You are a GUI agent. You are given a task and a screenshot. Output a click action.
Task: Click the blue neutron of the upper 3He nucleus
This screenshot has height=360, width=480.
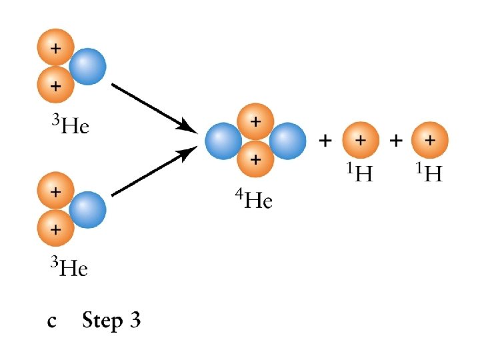[87, 67]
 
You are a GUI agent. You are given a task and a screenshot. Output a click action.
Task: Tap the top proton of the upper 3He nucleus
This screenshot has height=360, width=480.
[55, 49]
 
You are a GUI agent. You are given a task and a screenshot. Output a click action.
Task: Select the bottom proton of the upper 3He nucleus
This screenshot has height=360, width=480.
[55, 85]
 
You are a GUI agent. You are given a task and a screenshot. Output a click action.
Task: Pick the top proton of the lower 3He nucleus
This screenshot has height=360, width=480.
[55, 191]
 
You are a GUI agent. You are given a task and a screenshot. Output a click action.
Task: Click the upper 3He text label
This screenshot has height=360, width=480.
[70, 125]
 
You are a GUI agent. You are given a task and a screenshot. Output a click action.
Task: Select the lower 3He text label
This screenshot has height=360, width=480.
[70, 268]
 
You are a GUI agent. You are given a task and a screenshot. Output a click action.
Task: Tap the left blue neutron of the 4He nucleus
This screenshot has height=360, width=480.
[223, 141]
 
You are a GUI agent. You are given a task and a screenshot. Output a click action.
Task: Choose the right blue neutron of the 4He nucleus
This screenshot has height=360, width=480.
[287, 141]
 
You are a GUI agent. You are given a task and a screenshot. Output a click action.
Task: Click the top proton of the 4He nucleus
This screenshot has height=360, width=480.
[255, 122]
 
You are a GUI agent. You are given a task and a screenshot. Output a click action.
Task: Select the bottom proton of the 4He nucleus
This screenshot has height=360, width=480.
[255, 159]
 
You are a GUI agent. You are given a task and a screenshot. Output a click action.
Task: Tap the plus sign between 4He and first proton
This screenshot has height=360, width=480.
[326, 141]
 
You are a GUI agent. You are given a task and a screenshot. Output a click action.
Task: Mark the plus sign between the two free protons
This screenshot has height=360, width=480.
[396, 141]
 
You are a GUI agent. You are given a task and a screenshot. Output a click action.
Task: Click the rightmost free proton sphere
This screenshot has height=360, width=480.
[430, 141]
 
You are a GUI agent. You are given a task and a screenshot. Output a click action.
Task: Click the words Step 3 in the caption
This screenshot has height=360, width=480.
[111, 321]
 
